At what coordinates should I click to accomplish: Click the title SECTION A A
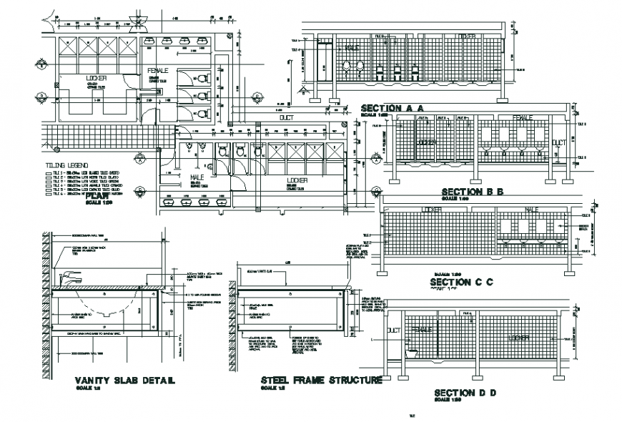tap(393, 107)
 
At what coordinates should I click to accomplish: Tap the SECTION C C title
tap(461, 283)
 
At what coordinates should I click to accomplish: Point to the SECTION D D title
tap(464, 393)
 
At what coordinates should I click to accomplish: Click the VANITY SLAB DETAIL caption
tap(124, 381)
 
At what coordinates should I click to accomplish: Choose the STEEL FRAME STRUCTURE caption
tap(321, 381)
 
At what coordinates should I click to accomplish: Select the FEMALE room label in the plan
tap(157, 71)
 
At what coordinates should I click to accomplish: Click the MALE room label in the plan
tap(197, 177)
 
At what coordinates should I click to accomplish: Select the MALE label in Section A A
tap(352, 48)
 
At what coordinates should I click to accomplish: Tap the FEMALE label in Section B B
tap(522, 117)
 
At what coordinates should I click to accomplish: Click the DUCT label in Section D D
tap(393, 330)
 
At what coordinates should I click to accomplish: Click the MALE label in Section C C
tap(530, 210)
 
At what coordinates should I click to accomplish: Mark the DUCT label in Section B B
tap(558, 142)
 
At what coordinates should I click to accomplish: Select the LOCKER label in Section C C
tap(433, 210)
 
